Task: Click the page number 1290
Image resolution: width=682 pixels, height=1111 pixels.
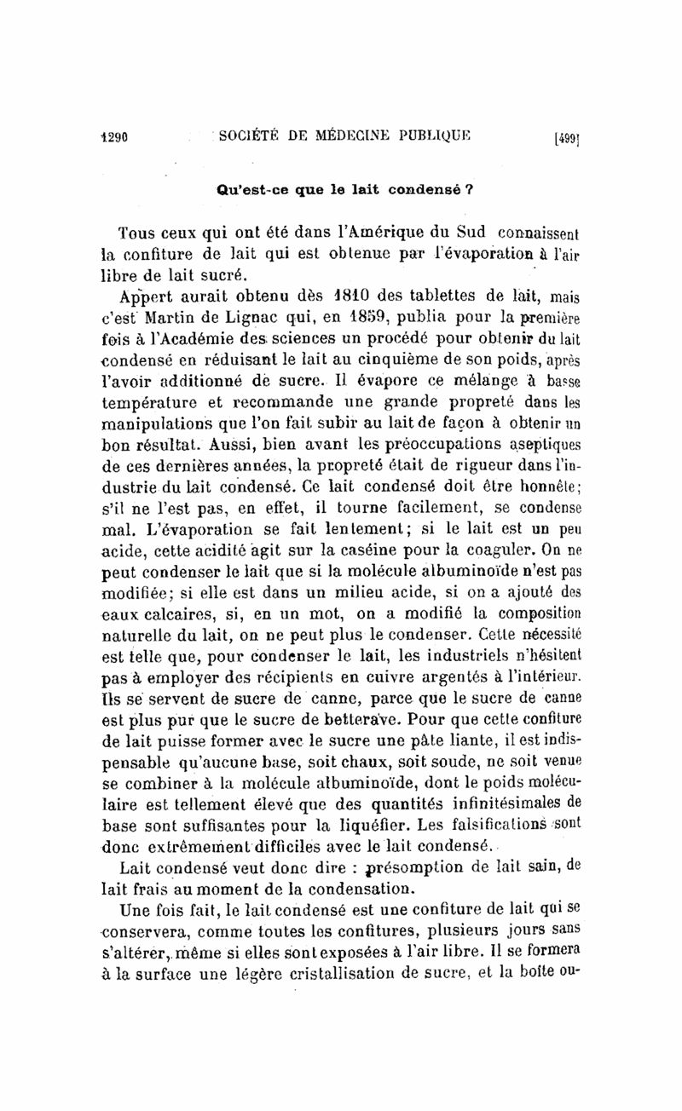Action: [111, 135]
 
